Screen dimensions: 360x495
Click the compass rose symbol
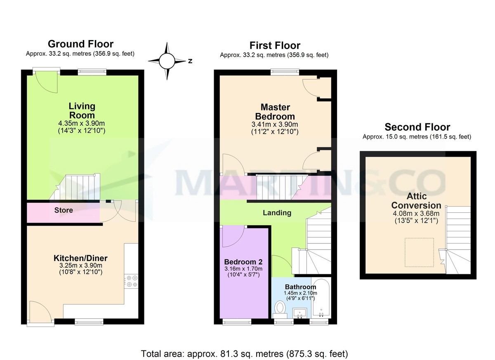[x=167, y=61]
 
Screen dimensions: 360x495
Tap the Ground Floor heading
[x=80, y=44]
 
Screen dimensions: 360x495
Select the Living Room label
[x=82, y=111]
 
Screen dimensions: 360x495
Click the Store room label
[x=64, y=210]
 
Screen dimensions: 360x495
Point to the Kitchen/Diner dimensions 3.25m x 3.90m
[x=80, y=266]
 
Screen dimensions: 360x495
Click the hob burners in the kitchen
[x=132, y=281]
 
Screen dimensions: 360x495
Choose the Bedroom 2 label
[x=243, y=262]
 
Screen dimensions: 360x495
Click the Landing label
[x=277, y=213]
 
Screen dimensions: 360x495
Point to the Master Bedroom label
[x=275, y=111]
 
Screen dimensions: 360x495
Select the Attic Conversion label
[x=416, y=201]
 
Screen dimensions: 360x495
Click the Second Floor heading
[x=417, y=127]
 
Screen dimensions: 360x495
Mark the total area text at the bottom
[x=245, y=353]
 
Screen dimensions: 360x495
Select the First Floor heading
[x=275, y=45]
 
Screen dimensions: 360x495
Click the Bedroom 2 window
[x=237, y=321]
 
